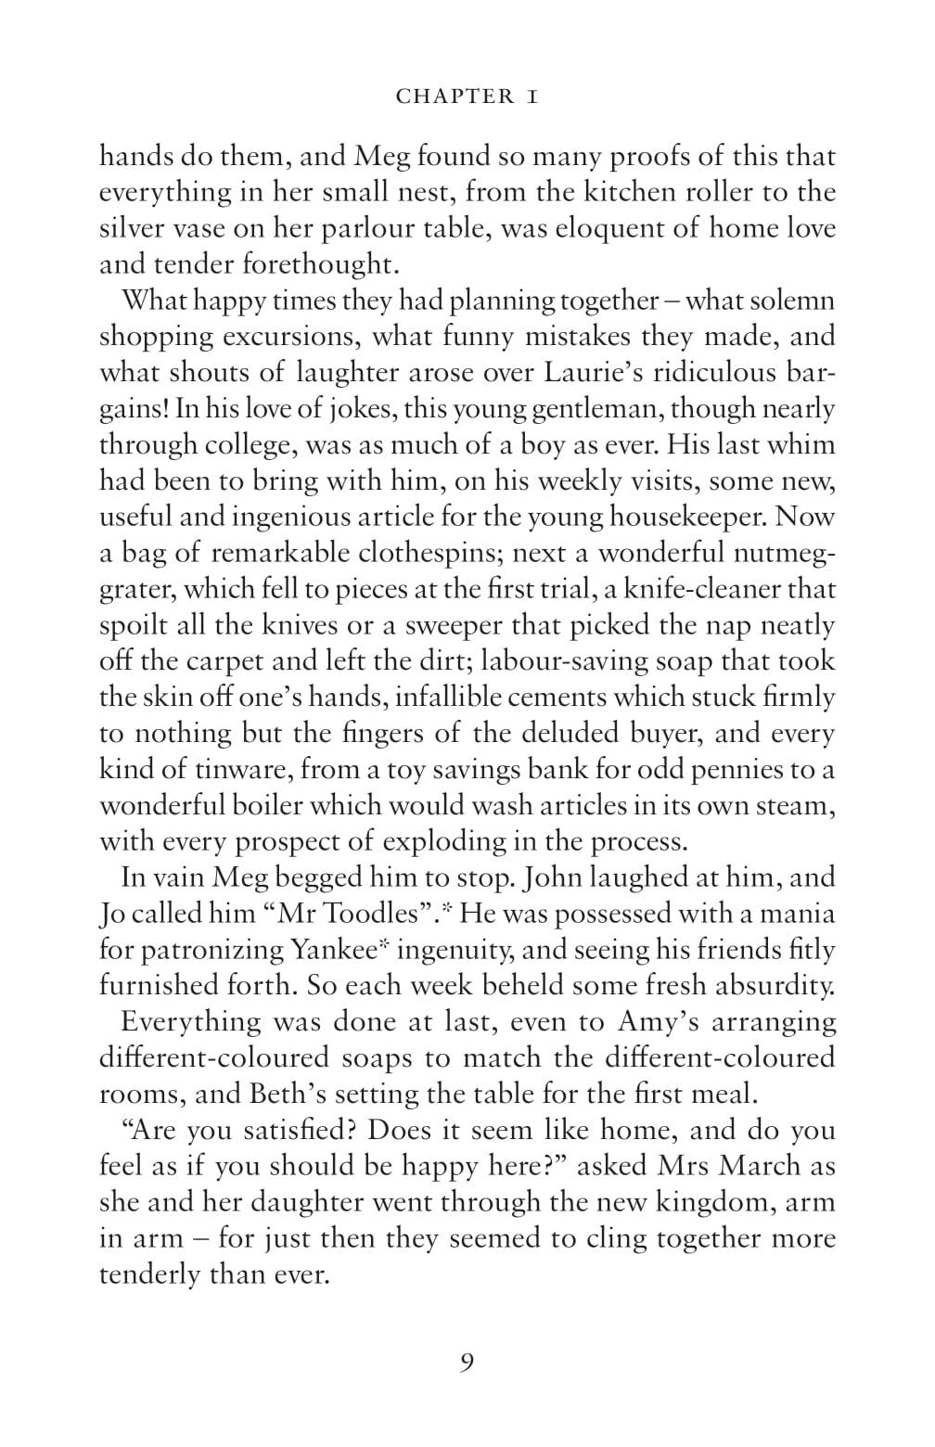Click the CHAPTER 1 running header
[467, 96]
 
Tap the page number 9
[467, 1363]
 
